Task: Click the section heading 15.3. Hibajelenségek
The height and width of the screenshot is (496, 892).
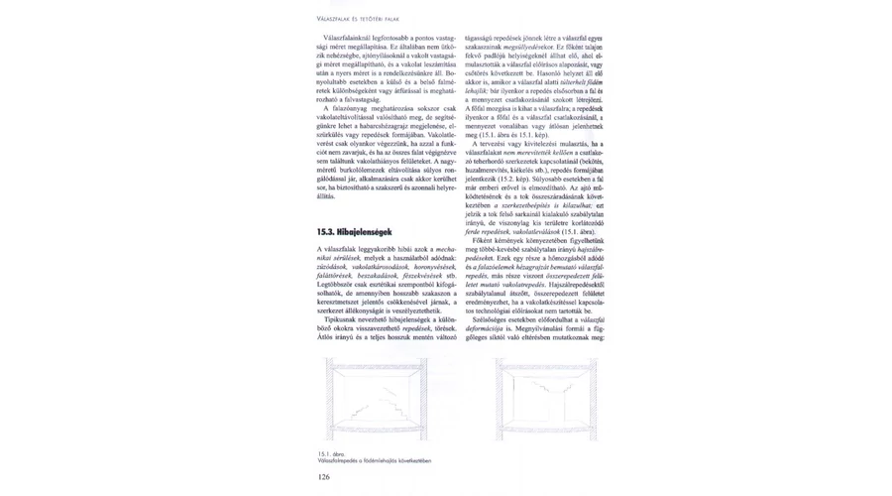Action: (352, 232)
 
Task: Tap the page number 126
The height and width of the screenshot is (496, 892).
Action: (323, 476)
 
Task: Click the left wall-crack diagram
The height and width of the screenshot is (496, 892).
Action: (376, 398)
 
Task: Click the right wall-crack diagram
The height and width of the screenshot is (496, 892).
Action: (545, 398)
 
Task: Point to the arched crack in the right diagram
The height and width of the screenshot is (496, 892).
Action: (545, 383)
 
